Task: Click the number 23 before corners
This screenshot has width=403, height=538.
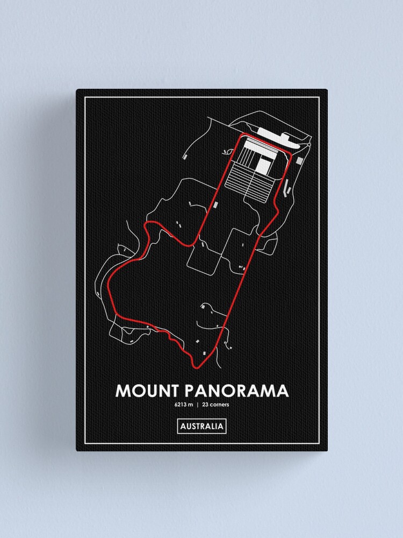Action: point(206,405)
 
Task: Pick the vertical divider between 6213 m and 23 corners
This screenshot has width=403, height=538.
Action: point(198,405)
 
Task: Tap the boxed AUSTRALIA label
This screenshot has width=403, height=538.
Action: point(201,427)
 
